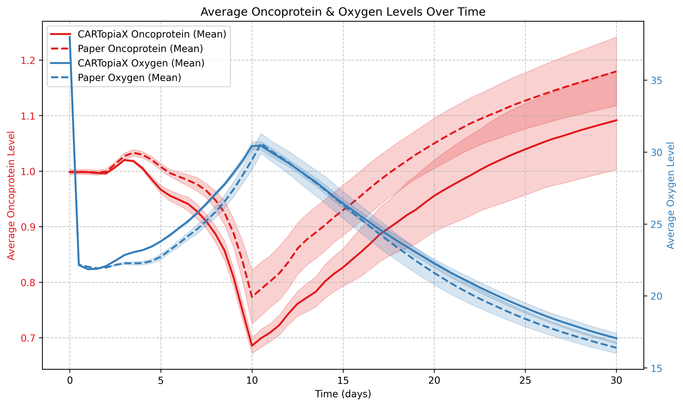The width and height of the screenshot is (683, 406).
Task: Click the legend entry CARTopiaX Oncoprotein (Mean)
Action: pos(152,35)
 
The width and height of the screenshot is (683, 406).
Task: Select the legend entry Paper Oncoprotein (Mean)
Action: pos(140,49)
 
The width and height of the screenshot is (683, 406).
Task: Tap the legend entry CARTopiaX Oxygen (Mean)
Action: pos(141,63)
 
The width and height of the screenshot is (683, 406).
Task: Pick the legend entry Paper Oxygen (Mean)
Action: pos(129,78)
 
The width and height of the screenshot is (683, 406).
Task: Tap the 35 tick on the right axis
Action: pos(656,81)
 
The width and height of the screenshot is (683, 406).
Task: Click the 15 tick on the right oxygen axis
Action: pos(656,369)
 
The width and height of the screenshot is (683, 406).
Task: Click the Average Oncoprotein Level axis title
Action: pos(11,195)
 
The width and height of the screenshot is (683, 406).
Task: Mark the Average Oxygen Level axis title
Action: pos(670,195)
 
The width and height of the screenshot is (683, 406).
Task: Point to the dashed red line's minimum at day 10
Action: pos(252,297)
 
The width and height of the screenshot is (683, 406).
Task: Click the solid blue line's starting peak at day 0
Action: pos(70,36)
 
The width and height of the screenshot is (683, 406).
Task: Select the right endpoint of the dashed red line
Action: pos(616,71)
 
